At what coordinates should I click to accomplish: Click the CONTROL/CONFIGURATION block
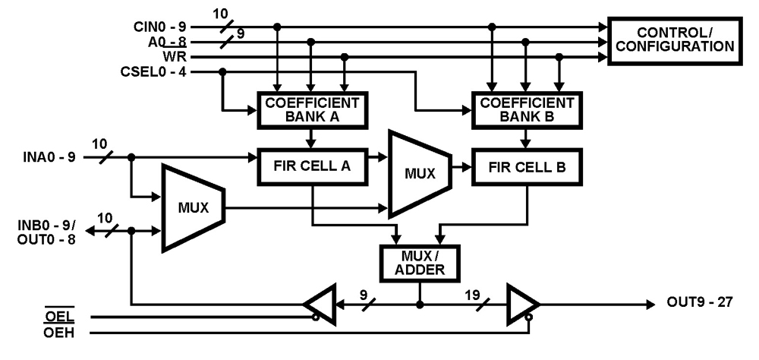coord(673,40)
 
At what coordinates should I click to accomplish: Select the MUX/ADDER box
coord(418,262)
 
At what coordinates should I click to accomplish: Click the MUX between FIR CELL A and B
coord(418,173)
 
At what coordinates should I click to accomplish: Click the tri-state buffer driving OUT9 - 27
coord(522,304)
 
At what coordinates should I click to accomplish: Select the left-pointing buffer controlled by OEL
coord(321,304)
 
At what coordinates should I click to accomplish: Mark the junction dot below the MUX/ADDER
coord(418,304)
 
